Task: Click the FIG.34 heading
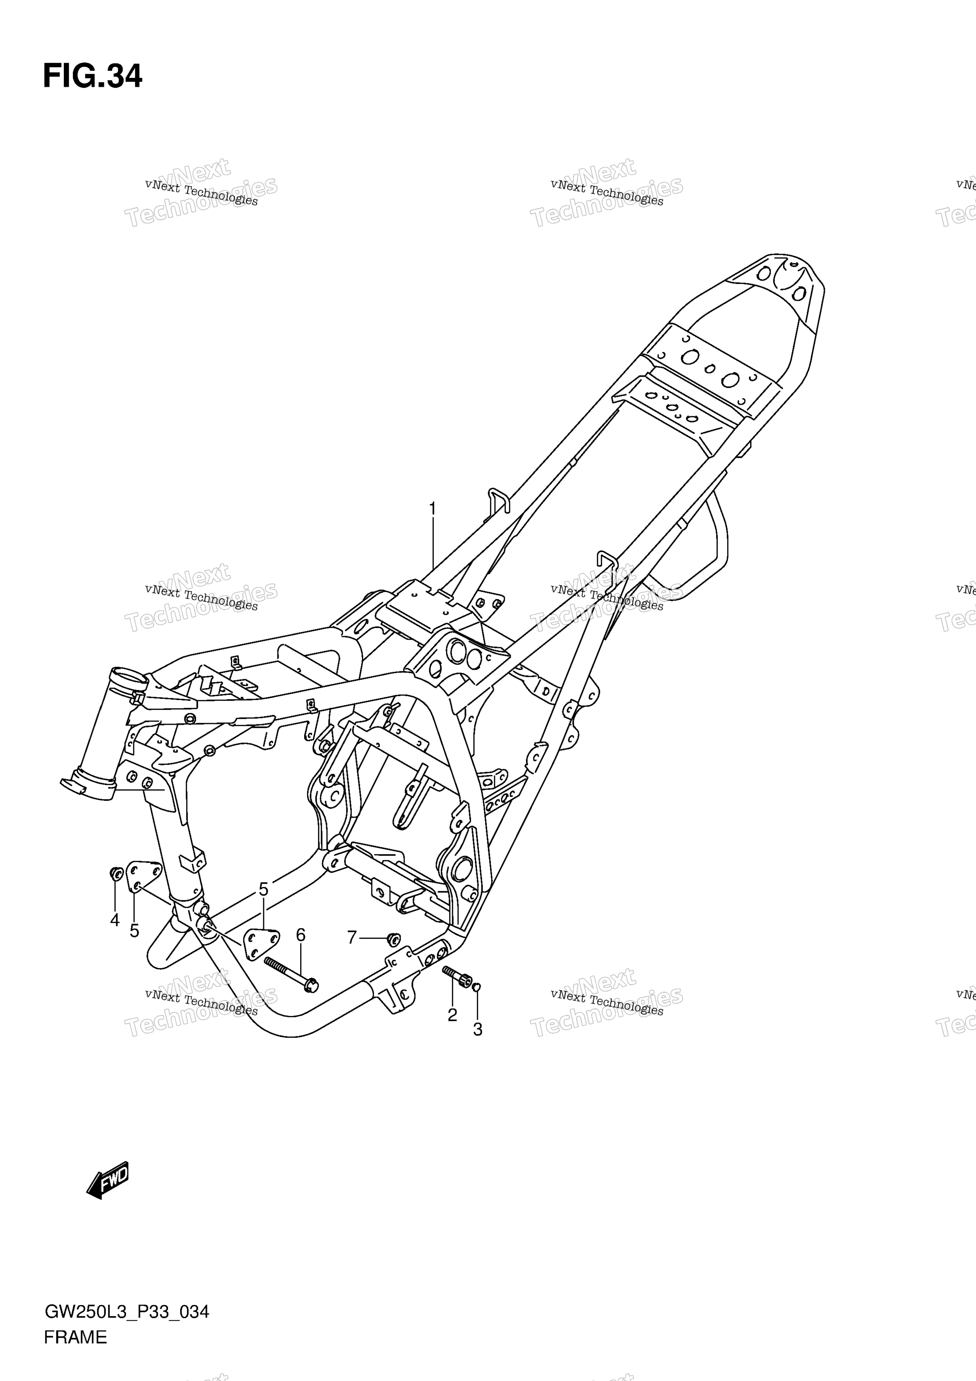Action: (x=92, y=76)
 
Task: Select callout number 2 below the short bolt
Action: (x=452, y=1015)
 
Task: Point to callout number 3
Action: (x=477, y=1030)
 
